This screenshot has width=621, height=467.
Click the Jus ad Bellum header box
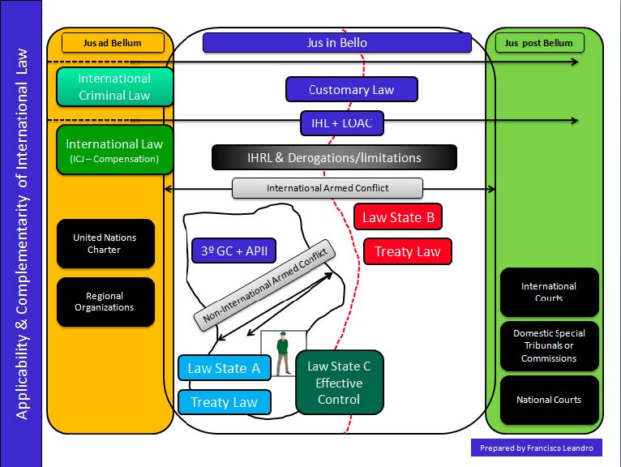[x=113, y=42]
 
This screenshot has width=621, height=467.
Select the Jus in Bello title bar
[x=336, y=42]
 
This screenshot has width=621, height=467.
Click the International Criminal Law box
[x=114, y=87]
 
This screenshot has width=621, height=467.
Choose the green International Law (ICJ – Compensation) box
[x=114, y=150]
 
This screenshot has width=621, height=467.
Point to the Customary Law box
[x=351, y=89]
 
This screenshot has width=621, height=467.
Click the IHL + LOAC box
[x=341, y=123]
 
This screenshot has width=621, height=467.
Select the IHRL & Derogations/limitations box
[x=334, y=157]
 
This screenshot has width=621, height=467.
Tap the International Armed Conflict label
[x=328, y=188]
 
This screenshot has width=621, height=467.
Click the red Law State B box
[x=398, y=216]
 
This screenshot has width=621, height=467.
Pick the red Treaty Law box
[x=407, y=251]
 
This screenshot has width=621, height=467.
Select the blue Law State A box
[x=224, y=368]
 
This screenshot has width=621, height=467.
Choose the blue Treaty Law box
[x=224, y=402]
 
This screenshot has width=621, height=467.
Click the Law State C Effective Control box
[x=339, y=383]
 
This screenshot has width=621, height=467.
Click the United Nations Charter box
[x=105, y=243]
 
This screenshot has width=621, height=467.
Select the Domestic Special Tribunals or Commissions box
[x=549, y=345]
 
